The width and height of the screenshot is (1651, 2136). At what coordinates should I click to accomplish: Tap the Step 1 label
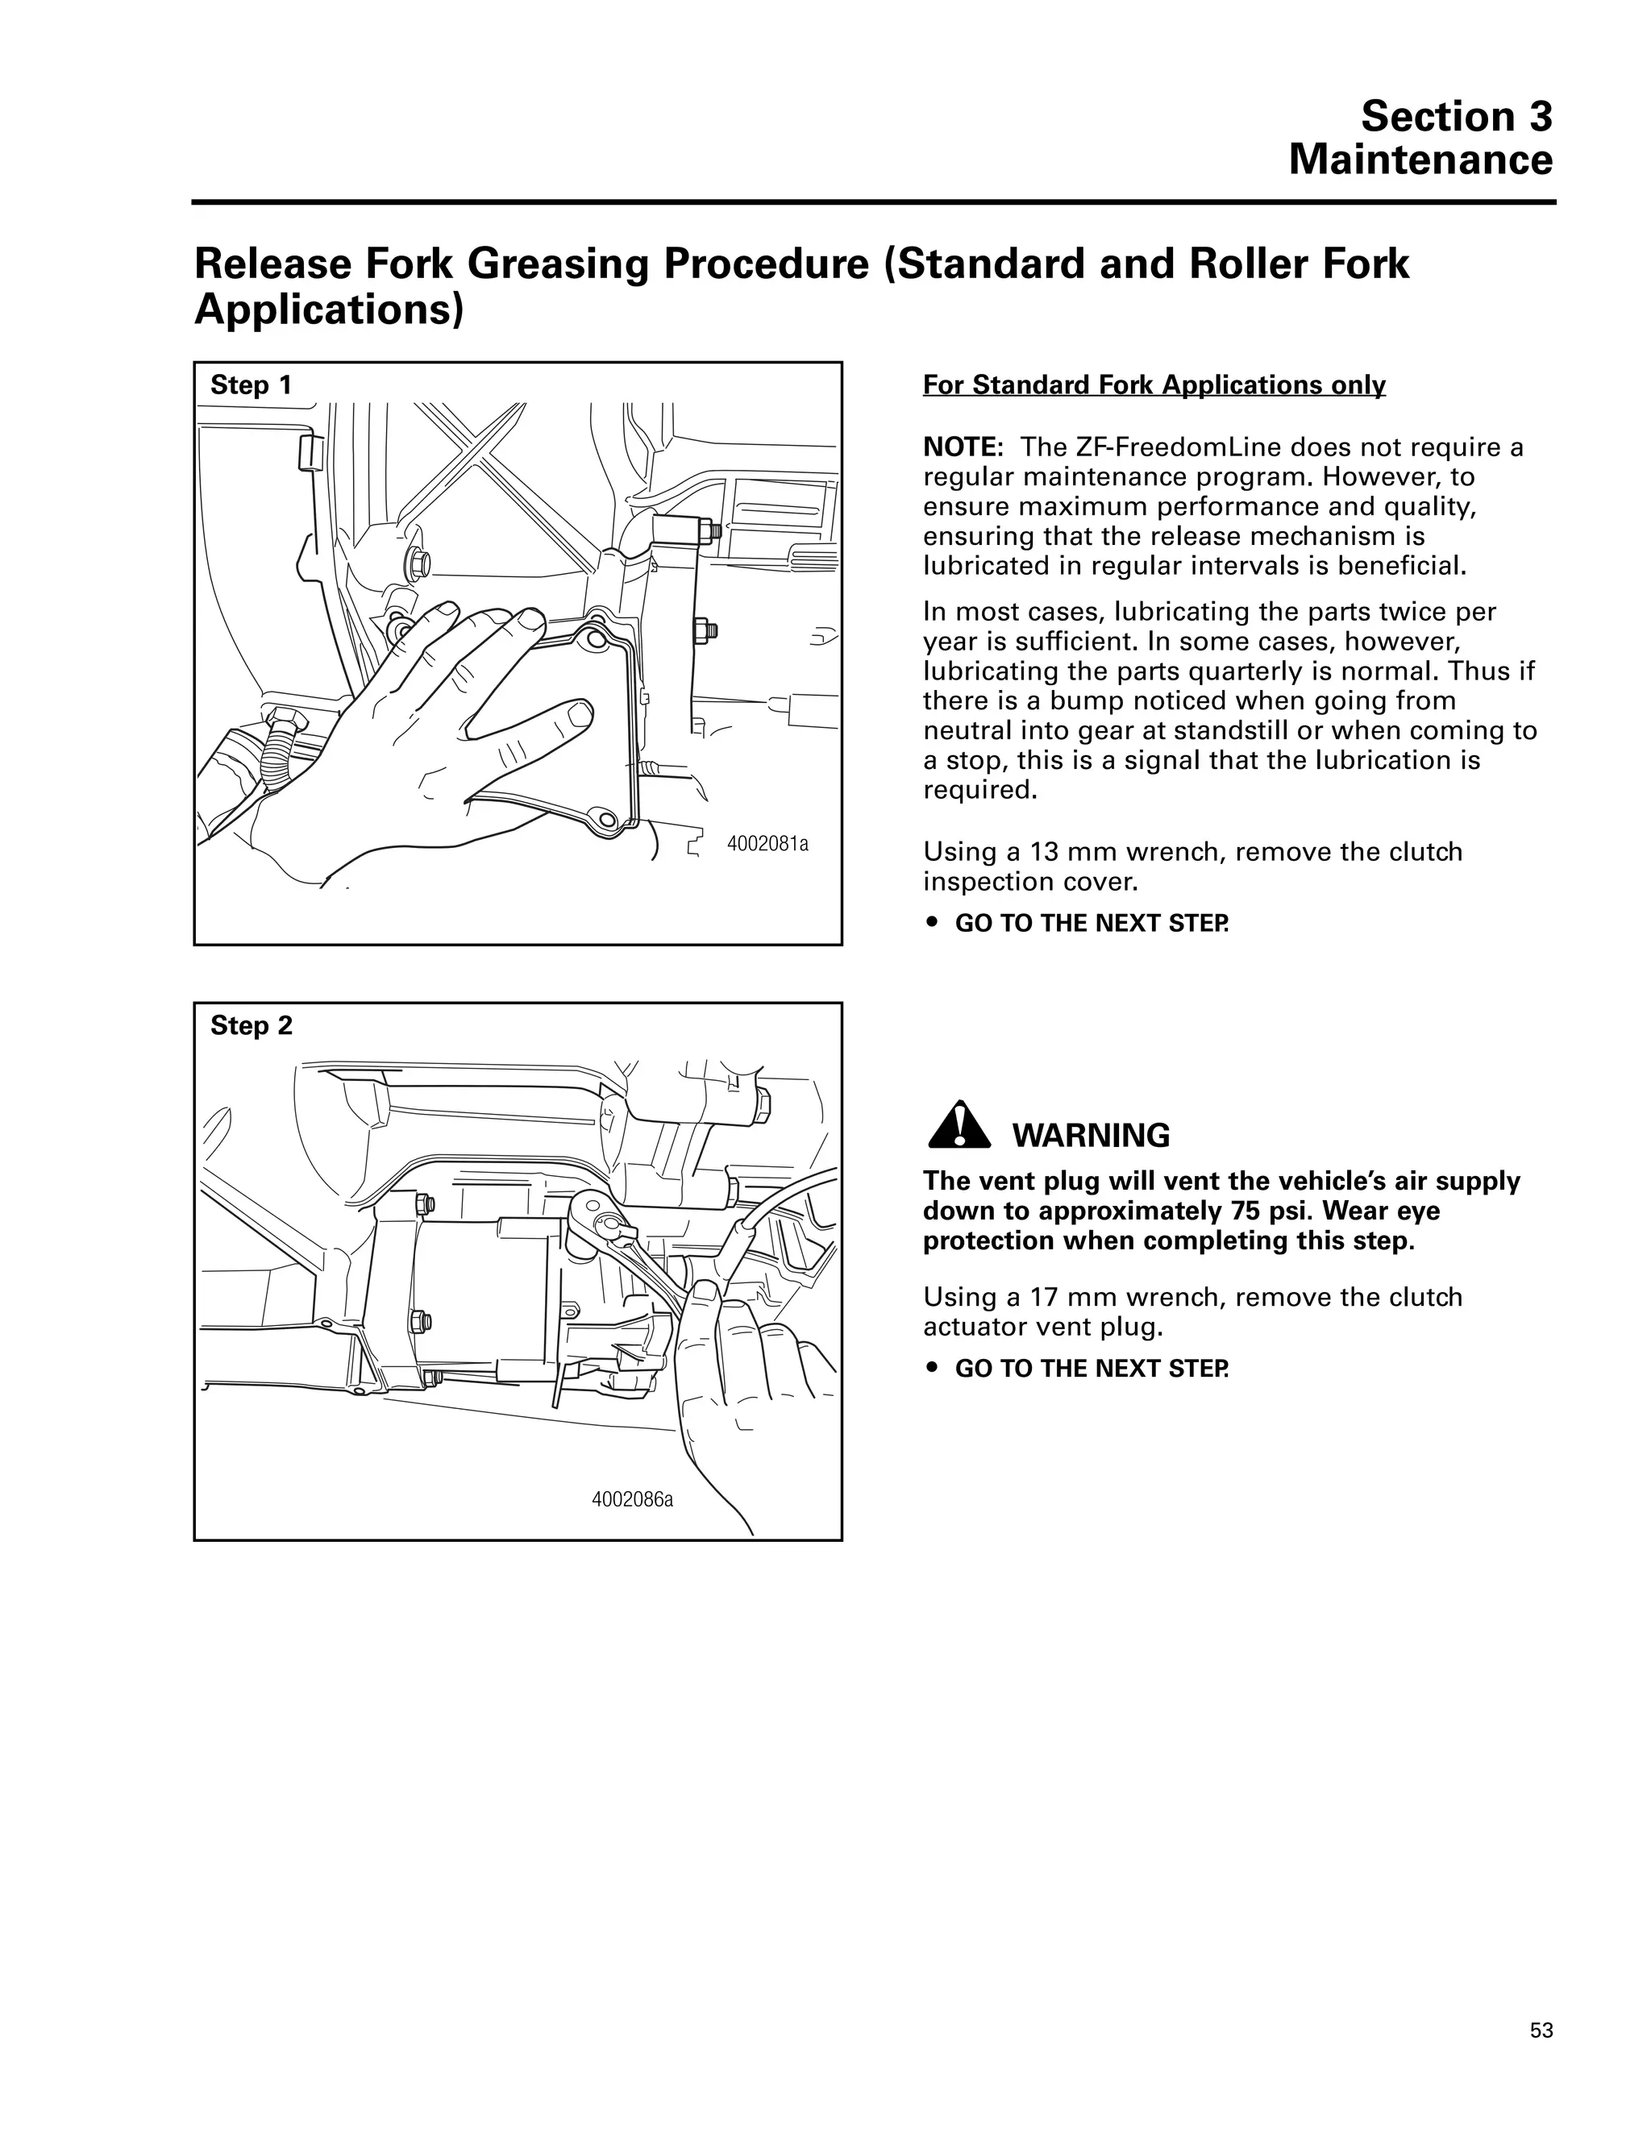click(251, 385)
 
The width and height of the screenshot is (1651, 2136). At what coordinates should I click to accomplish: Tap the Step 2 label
click(251, 1025)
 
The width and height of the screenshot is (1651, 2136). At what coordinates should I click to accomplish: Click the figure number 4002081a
click(767, 843)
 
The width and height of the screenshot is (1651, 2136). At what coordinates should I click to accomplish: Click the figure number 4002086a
click(632, 1499)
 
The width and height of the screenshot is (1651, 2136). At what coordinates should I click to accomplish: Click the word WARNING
click(1091, 1136)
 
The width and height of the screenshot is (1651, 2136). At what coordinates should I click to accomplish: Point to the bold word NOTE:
click(963, 448)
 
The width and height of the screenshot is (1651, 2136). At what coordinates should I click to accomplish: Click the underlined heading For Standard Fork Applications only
click(1154, 385)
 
